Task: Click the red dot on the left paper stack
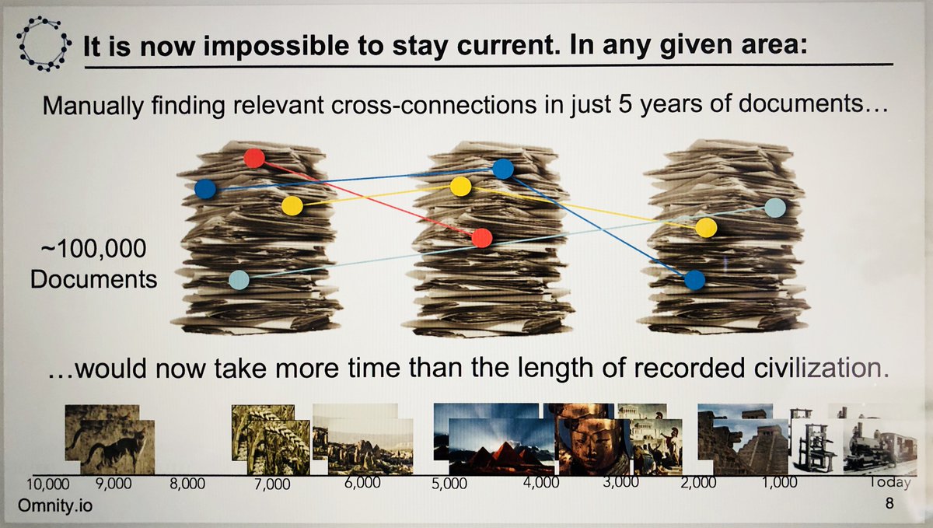tap(254, 159)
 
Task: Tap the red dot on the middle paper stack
tap(482, 238)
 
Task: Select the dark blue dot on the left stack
tap(205, 189)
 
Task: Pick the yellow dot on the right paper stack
tap(706, 228)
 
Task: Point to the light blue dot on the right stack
tap(775, 208)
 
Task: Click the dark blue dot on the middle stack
tap(503, 169)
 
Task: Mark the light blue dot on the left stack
tap(239, 280)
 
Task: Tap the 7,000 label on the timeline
tap(272, 484)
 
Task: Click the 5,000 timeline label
tap(449, 484)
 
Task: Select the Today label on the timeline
tap(889, 482)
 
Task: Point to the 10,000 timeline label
tap(48, 484)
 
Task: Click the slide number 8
tap(889, 503)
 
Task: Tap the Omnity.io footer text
tap(55, 505)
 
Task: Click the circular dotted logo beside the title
tap(44, 44)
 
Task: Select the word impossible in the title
tap(276, 45)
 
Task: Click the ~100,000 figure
tap(94, 248)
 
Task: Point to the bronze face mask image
tap(593, 446)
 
